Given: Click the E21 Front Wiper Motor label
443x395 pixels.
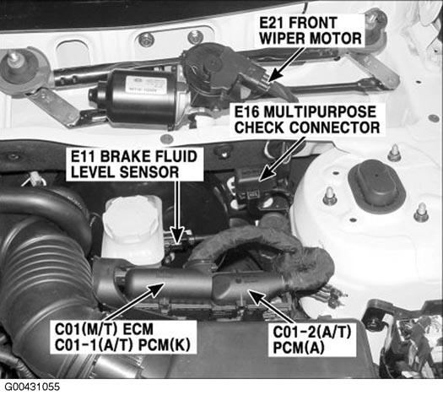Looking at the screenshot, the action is coord(311,30).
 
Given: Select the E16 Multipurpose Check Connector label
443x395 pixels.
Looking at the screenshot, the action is coord(307,120).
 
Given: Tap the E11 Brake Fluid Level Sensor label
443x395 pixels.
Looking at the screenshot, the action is coord(134,164).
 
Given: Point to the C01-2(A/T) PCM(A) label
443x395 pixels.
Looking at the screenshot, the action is coord(312,339).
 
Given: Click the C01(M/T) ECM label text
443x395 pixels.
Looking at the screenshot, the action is coord(104,329).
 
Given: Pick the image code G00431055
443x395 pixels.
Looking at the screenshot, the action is coord(31,387).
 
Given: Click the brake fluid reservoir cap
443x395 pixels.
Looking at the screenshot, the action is coord(131,218).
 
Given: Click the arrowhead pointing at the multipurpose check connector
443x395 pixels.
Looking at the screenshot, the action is coord(265,175).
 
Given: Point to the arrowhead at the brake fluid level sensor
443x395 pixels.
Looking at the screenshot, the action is coord(177,236).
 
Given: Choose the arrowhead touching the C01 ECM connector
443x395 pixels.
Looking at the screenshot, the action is coord(156,289).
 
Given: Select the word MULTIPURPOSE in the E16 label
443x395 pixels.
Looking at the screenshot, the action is coord(320,112).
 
